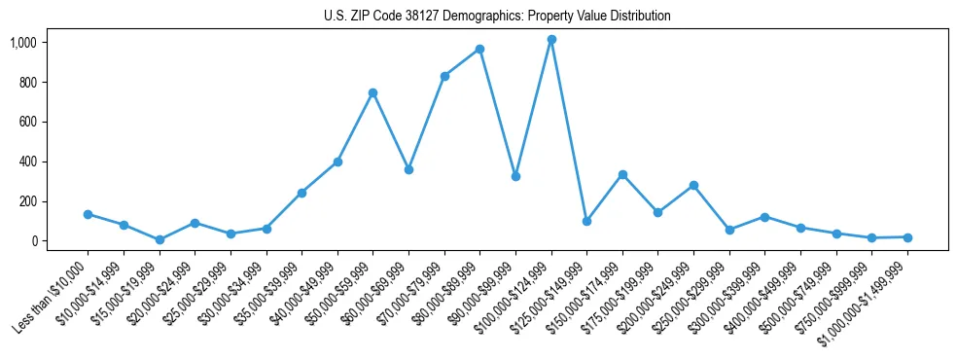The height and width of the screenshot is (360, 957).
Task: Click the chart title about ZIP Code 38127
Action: (x=497, y=16)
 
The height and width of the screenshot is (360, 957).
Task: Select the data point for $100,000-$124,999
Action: (x=551, y=40)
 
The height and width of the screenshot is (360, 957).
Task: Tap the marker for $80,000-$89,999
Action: (x=479, y=49)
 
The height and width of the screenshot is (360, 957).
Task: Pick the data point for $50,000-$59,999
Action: (x=372, y=92)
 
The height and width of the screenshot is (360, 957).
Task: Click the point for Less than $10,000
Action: (x=88, y=214)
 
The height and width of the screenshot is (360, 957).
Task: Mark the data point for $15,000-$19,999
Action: (x=159, y=239)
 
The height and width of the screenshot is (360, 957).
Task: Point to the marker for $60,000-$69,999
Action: (x=408, y=169)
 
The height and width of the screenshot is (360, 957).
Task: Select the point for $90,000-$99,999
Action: (x=515, y=176)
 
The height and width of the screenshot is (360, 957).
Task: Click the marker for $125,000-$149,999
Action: (x=586, y=221)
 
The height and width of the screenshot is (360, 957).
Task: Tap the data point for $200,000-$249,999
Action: (x=693, y=185)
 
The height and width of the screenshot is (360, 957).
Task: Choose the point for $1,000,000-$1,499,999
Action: (x=907, y=237)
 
